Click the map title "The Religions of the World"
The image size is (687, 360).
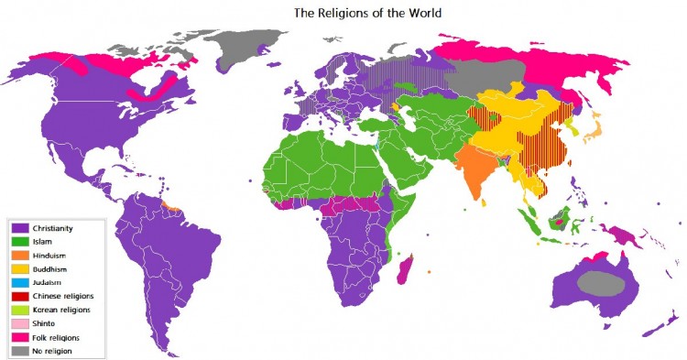[x=368, y=14]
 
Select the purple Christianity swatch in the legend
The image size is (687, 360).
[x=20, y=227]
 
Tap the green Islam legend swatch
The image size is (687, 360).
[x=20, y=241]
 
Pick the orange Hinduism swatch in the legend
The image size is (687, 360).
[x=20, y=255]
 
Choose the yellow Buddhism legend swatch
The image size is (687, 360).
[x=20, y=268]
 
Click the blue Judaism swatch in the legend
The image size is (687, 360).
[x=20, y=282]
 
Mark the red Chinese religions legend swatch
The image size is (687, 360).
[x=20, y=296]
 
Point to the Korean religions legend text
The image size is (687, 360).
[x=63, y=310]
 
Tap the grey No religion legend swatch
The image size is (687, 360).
[x=20, y=351]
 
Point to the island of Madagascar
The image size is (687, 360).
[x=405, y=271]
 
